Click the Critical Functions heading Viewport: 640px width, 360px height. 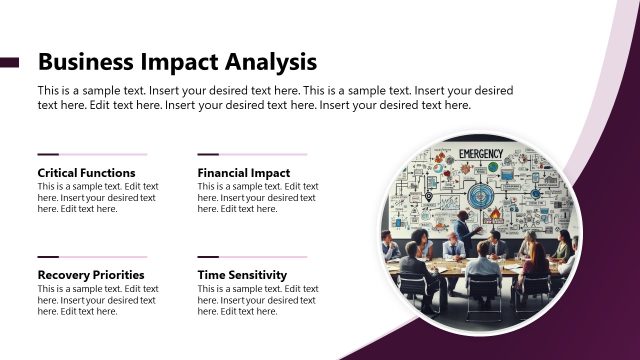click(86, 173)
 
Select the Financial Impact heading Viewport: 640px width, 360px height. click(244, 173)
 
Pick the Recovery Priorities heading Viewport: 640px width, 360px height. click(91, 275)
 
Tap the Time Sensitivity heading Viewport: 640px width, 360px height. click(243, 275)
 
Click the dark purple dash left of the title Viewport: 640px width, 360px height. click(9, 62)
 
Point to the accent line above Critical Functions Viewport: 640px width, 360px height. click(92, 154)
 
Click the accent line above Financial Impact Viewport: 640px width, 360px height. click(252, 154)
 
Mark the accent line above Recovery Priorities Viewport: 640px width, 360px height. click(92, 257)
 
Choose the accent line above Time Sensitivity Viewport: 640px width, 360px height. click(252, 257)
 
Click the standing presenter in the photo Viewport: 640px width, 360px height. click(462, 232)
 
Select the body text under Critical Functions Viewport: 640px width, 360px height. click(97, 197)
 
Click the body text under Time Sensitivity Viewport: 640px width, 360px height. click(257, 299)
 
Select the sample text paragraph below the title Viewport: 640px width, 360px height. click(276, 97)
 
